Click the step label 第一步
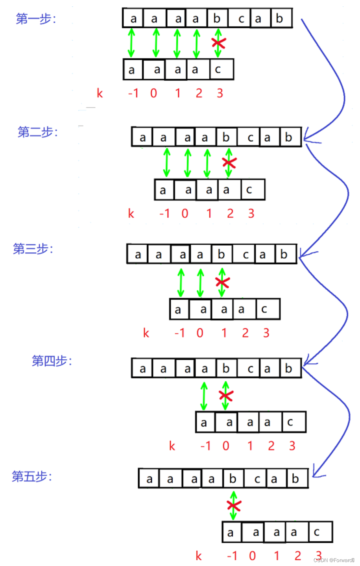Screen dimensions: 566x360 click(x=36, y=18)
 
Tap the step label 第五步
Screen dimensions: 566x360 click(x=32, y=476)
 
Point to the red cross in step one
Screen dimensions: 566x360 click(x=219, y=43)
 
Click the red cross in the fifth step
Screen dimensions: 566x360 click(x=234, y=505)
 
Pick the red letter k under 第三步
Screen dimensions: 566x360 click(x=146, y=333)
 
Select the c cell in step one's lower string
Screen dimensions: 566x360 click(x=218, y=70)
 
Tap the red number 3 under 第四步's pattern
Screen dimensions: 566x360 click(x=292, y=446)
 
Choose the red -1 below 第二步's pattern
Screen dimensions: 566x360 click(x=164, y=214)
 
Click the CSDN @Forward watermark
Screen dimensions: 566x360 click(x=334, y=560)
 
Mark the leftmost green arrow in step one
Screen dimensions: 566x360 click(x=131, y=43)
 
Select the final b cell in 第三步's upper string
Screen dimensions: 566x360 click(x=284, y=254)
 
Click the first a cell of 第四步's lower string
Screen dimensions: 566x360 click(x=204, y=423)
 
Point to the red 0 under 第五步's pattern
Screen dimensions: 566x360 click(x=252, y=556)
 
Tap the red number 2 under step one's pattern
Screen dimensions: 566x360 click(x=199, y=93)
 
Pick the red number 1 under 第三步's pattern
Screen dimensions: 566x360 click(x=224, y=333)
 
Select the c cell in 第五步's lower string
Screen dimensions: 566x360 click(x=317, y=532)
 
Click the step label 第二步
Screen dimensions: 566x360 click(x=38, y=132)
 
